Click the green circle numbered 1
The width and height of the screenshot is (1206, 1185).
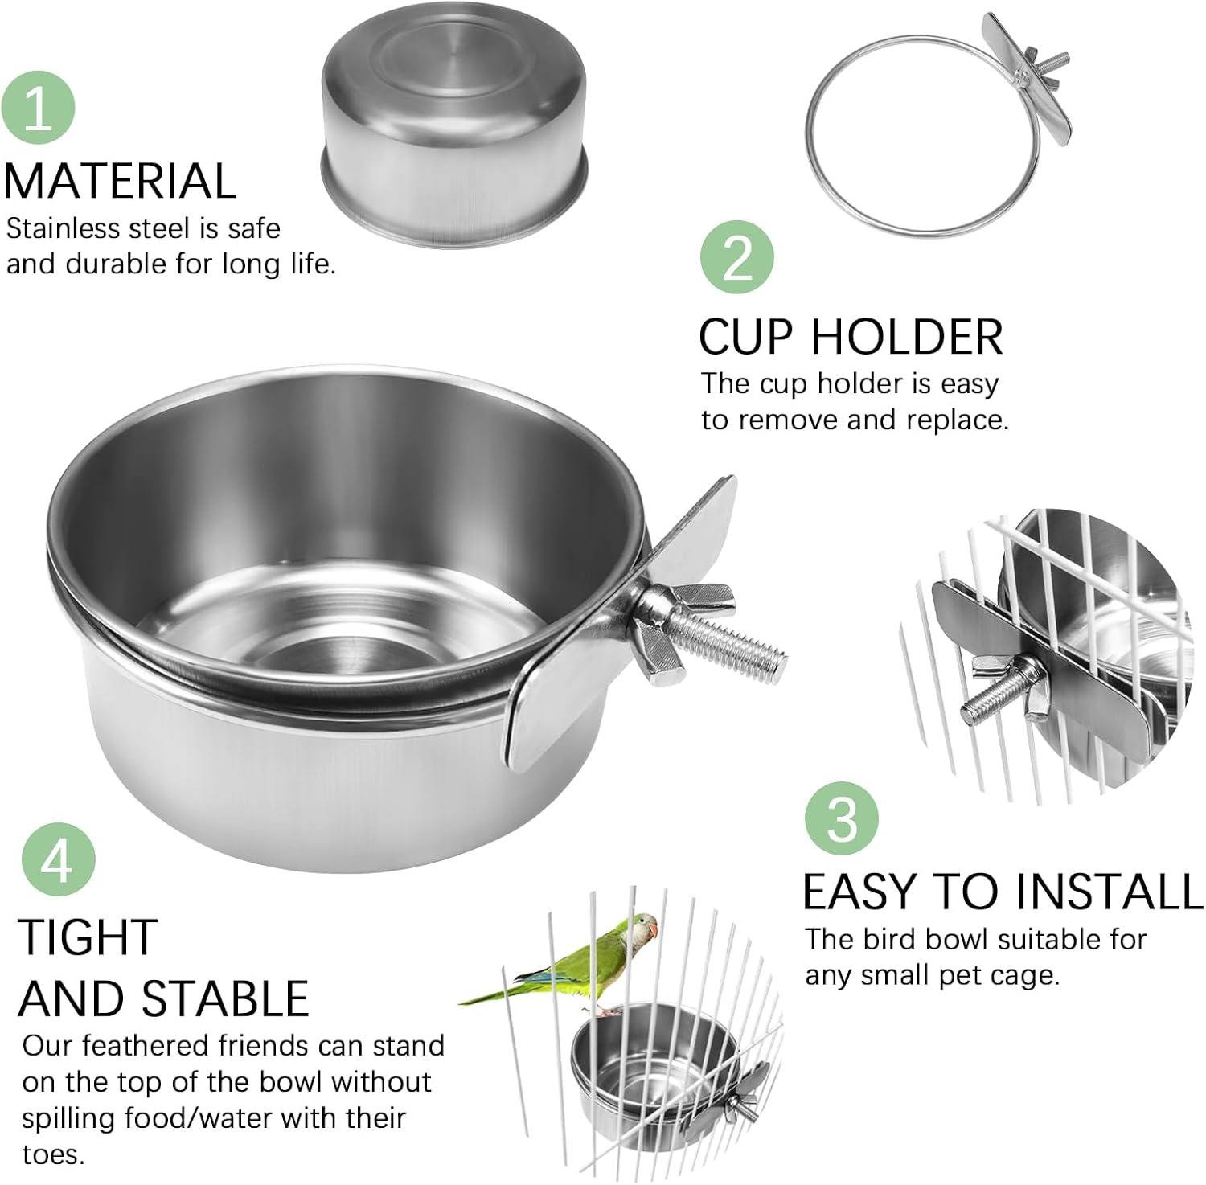[x=38, y=109]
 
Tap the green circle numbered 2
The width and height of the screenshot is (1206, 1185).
[x=737, y=258]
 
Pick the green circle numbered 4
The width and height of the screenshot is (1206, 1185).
[x=59, y=859]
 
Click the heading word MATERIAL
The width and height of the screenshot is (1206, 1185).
[x=121, y=181]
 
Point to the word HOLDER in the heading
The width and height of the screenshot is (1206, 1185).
[x=907, y=336]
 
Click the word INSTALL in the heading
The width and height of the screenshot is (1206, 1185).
[x=1110, y=892]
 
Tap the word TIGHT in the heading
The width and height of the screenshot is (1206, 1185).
[x=87, y=937]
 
